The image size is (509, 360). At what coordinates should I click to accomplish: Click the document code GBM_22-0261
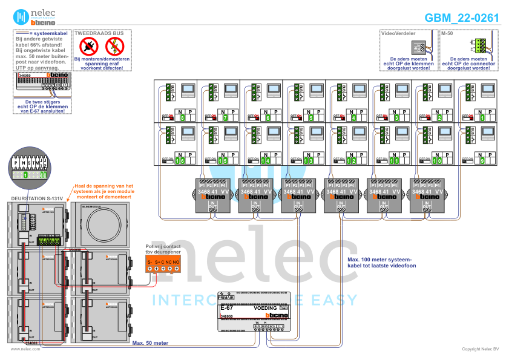coord(462,18)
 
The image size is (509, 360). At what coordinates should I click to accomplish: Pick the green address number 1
coord(482,118)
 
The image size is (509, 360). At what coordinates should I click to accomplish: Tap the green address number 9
coord(482,161)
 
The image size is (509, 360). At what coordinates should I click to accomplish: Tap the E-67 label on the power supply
coord(227,309)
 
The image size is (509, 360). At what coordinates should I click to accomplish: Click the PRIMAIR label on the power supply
coord(226,298)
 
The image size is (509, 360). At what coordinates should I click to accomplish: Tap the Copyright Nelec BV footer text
coord(480,349)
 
